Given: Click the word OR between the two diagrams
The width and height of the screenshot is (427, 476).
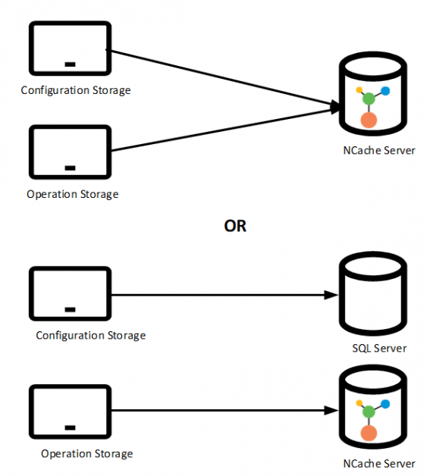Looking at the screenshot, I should click(235, 226).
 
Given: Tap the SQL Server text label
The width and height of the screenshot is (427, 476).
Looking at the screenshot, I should click(379, 349).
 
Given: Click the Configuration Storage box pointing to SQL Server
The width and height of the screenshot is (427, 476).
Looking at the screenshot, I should click(69, 295).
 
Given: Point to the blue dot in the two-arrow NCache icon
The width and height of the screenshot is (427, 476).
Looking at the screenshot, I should click(385, 91).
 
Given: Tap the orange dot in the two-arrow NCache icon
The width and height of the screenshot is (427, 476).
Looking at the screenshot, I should click(369, 120).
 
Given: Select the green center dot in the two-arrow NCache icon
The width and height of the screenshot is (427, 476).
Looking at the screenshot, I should click(369, 99).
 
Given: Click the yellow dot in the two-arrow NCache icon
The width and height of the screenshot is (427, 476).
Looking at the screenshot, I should click(359, 89).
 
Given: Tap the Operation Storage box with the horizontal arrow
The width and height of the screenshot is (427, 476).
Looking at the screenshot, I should click(69, 412).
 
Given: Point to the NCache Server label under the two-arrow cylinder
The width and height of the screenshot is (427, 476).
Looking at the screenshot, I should click(378, 150).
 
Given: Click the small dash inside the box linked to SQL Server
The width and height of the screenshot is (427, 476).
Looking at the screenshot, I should click(70, 308).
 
